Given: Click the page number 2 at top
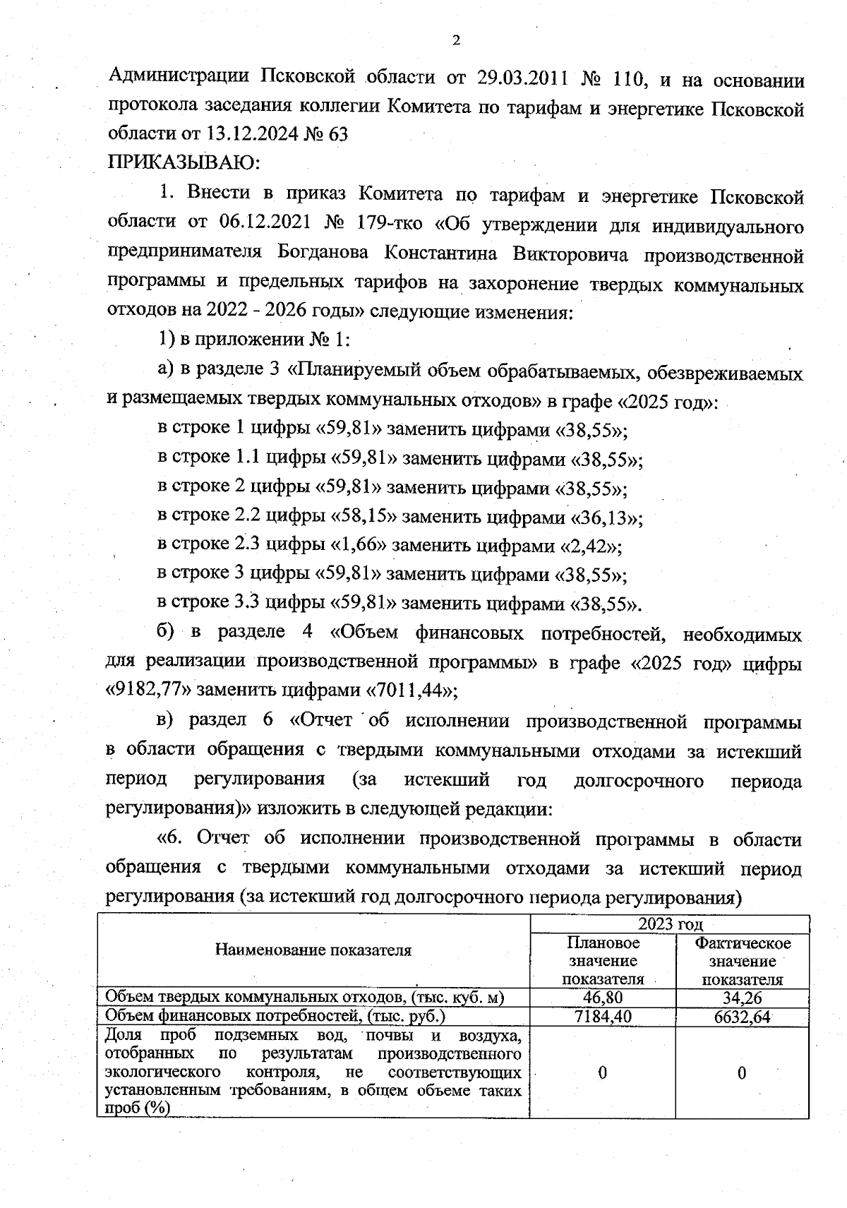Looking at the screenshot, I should coord(455,40).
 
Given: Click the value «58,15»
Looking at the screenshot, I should coord(364,517).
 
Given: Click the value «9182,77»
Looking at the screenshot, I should coord(150,689).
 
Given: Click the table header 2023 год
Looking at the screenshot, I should coord(671,924).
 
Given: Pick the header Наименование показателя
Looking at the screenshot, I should coord(313,950).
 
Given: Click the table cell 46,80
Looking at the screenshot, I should coord(603,997).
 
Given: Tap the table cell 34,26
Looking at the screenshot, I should coord(742,998).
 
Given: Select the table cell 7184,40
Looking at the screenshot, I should coord(603,1016).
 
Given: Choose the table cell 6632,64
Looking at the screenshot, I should coord(742,1017).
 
